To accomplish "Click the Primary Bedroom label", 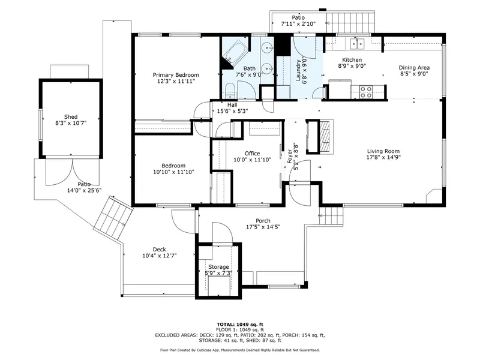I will tap(175, 74).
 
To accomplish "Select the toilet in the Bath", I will tap(229, 91).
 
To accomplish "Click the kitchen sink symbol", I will tap(358, 43).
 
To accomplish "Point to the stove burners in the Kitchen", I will tap(365, 92).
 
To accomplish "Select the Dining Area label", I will tap(415, 68).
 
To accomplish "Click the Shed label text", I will tap(71, 117).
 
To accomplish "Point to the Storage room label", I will tap(218, 266).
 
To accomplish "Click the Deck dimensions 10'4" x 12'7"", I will tap(158, 257).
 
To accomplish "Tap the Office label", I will tap(251, 153).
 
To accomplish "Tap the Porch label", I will tap(263, 220).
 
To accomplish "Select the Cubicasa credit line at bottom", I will tap(239, 350).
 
